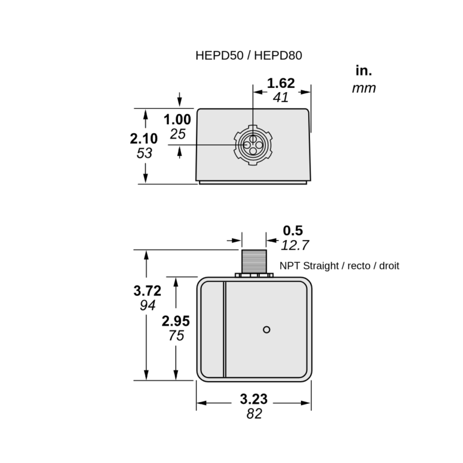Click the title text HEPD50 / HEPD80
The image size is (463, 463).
248,55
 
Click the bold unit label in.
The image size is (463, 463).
364,71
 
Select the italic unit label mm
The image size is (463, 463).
364,89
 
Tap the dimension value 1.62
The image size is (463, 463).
281,83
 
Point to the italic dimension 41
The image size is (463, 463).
281,98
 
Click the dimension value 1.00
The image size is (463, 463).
178,120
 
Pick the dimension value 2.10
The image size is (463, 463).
144,139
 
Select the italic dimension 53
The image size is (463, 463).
144,153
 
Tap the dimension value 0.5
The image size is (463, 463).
293,230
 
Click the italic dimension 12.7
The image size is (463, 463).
295,245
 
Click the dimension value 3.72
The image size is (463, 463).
147,291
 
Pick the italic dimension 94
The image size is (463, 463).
147,306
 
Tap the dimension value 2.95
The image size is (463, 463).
175,321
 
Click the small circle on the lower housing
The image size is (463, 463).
267,329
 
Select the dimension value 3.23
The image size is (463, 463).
253,399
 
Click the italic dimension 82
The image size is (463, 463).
254,414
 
